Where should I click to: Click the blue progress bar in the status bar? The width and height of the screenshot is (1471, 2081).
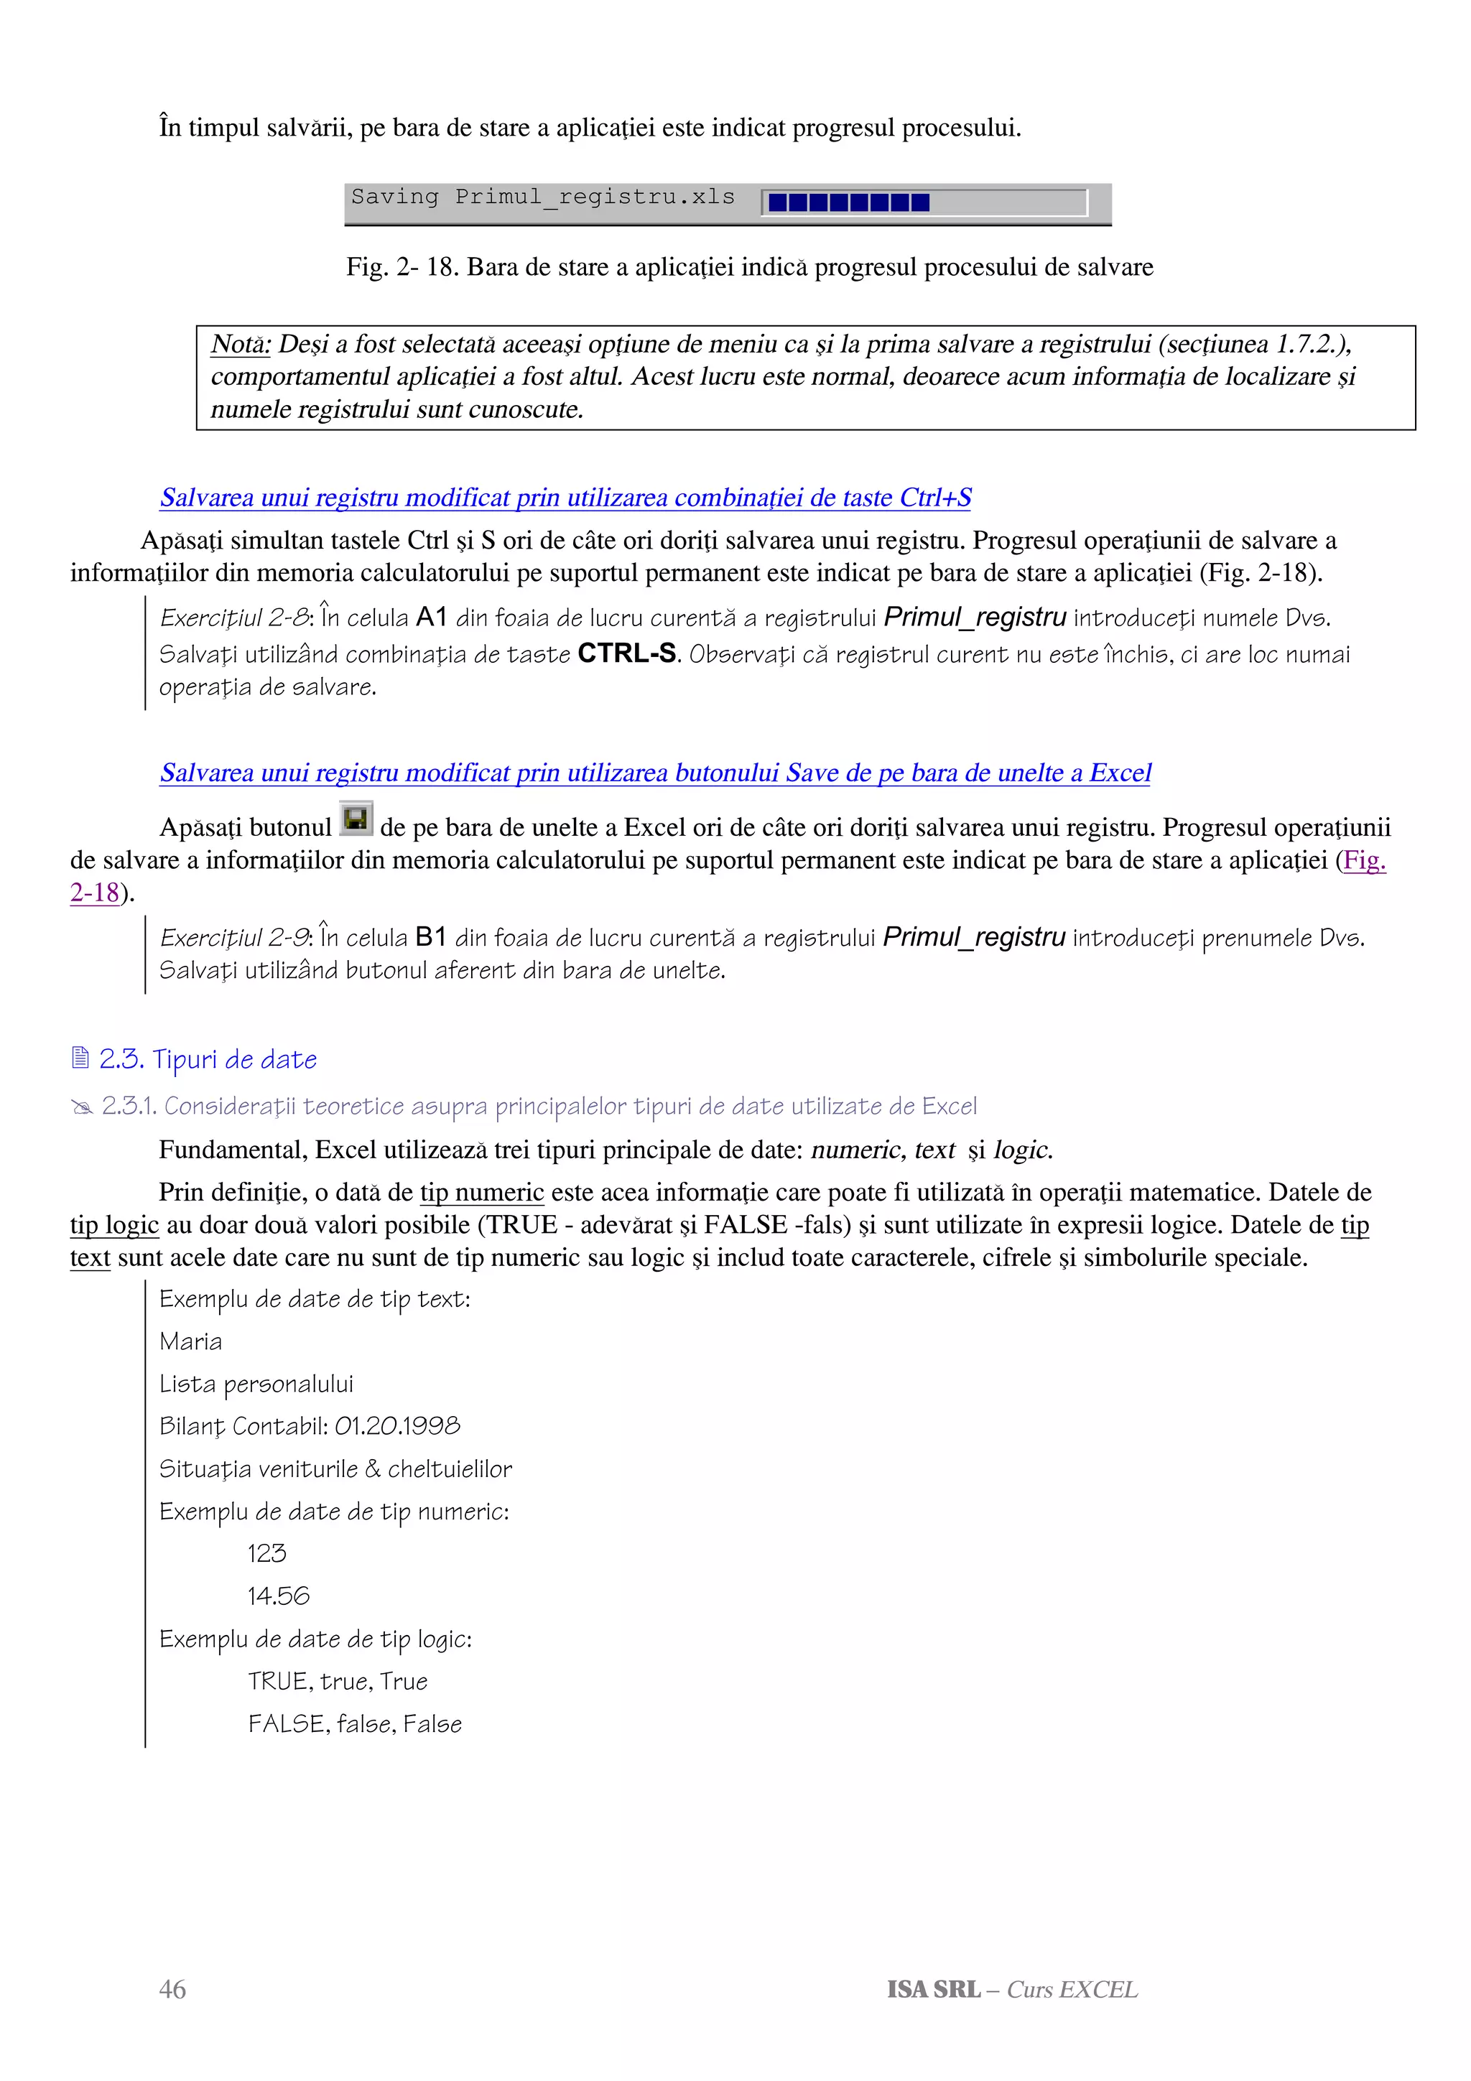pos(848,202)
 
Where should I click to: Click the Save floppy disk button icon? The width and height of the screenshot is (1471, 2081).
pos(356,819)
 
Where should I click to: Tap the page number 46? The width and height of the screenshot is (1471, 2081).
pos(172,1988)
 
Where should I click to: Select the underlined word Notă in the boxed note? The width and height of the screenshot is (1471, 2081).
pos(240,345)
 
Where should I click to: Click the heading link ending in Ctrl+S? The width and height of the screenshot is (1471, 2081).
pos(565,498)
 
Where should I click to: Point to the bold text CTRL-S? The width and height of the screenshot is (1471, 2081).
pos(626,653)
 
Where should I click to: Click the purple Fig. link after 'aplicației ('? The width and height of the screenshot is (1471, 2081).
pos(1364,860)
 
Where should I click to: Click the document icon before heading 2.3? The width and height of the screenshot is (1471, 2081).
pos(80,1058)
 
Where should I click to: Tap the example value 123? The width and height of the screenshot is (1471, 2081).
pos(266,1553)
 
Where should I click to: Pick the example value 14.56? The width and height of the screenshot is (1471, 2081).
pos(278,1596)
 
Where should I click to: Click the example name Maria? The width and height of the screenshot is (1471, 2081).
pos(190,1341)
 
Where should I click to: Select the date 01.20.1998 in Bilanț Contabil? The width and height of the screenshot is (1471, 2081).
pos(397,1427)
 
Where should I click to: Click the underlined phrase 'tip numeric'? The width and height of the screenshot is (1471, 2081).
pos(481,1192)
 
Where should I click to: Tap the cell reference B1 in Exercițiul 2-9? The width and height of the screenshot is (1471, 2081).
pos(430,937)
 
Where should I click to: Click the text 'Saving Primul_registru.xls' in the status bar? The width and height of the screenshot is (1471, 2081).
pos(543,197)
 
